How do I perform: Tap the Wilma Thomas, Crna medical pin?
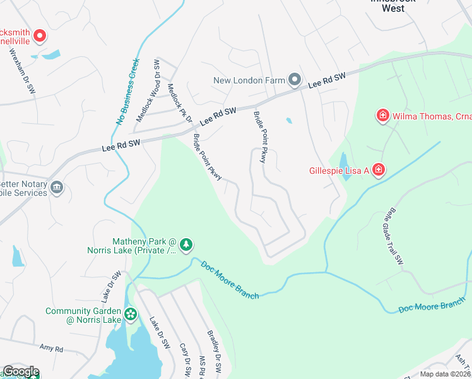coord(382,116)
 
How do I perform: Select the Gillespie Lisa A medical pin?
coord(378,170)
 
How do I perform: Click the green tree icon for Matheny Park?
coord(186,244)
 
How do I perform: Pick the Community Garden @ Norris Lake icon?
coord(131,314)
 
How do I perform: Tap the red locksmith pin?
coord(39,36)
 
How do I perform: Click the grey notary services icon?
coord(57,188)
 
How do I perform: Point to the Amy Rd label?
coord(52,349)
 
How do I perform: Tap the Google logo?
coord(20,372)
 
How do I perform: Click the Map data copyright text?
coord(445,374)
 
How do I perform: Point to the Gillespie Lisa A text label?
coord(338,171)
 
